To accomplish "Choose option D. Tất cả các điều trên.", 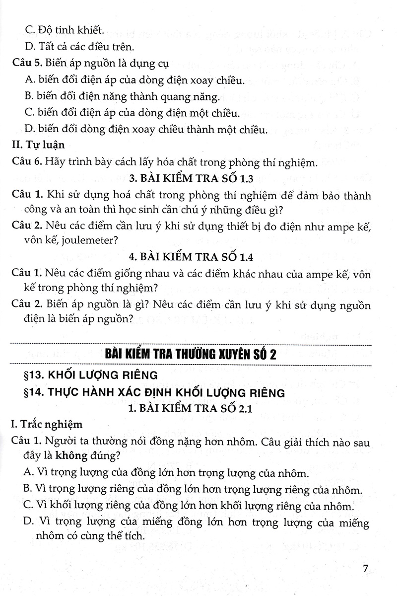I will [x=79, y=47].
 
